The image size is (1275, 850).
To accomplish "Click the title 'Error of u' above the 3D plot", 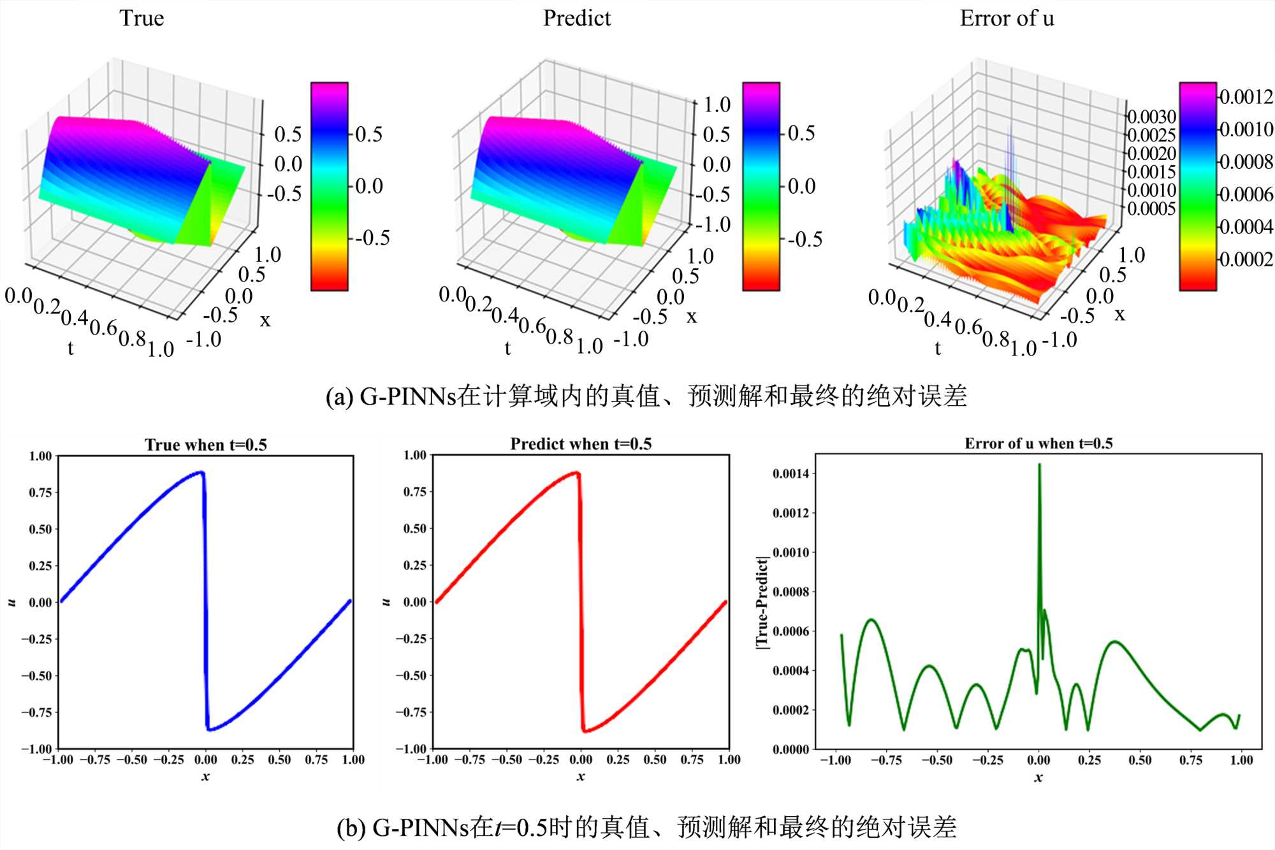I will (x=1007, y=18).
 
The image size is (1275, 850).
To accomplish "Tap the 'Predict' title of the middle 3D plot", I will (x=576, y=18).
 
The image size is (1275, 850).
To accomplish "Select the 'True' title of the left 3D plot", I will (x=142, y=18).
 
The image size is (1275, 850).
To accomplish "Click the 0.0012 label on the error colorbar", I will (x=1246, y=97).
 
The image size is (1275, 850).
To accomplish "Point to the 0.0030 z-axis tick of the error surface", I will (x=1151, y=117).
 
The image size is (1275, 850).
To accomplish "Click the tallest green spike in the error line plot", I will (x=1039, y=466).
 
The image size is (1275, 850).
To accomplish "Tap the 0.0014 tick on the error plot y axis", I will (x=790, y=473).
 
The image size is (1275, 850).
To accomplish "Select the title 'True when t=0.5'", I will (x=205, y=445).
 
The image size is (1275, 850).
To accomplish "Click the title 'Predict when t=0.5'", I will (x=581, y=444).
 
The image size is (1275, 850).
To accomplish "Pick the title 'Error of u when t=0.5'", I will (x=1038, y=443).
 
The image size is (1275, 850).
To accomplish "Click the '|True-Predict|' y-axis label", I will (x=762, y=602).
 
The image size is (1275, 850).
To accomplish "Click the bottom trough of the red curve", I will (x=585, y=730).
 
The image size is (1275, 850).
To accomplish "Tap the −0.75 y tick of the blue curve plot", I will (x=36, y=712).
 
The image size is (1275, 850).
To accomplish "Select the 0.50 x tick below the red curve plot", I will (x=655, y=760).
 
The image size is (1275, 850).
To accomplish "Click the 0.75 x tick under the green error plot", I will (x=1190, y=760).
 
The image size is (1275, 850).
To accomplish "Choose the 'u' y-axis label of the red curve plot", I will (x=386, y=602).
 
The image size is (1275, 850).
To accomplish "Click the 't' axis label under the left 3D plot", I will (x=70, y=348).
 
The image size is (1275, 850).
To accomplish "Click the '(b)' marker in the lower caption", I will (x=351, y=828).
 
